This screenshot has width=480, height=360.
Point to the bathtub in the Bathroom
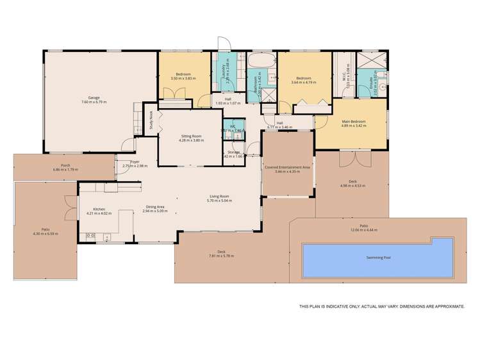tap(261, 61)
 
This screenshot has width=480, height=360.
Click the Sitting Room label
tap(192, 136)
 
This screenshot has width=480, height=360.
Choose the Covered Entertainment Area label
tap(287, 167)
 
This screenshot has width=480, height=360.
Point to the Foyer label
tap(135, 162)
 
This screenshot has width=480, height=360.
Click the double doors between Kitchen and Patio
tap(67, 208)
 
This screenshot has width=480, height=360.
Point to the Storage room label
tap(233, 152)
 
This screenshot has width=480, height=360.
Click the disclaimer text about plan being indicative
tap(382, 307)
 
